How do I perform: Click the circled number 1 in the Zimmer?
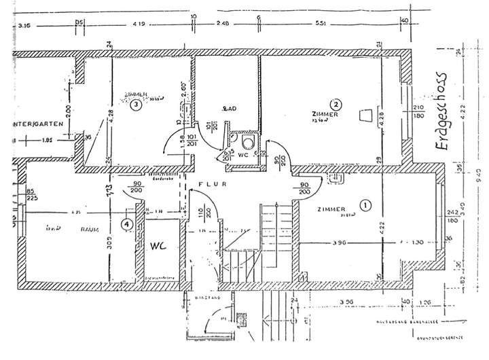367,204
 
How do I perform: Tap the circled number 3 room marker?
137,105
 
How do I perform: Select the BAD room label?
229,109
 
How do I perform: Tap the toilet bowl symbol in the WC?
249,142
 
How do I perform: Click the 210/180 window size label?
418,112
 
